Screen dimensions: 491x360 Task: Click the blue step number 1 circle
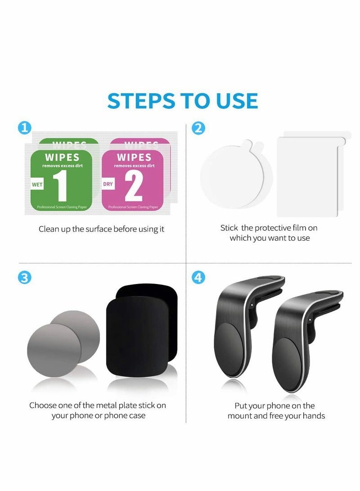click(25, 128)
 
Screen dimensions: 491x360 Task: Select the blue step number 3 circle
click(25, 278)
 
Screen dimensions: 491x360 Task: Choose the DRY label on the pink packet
click(108, 184)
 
